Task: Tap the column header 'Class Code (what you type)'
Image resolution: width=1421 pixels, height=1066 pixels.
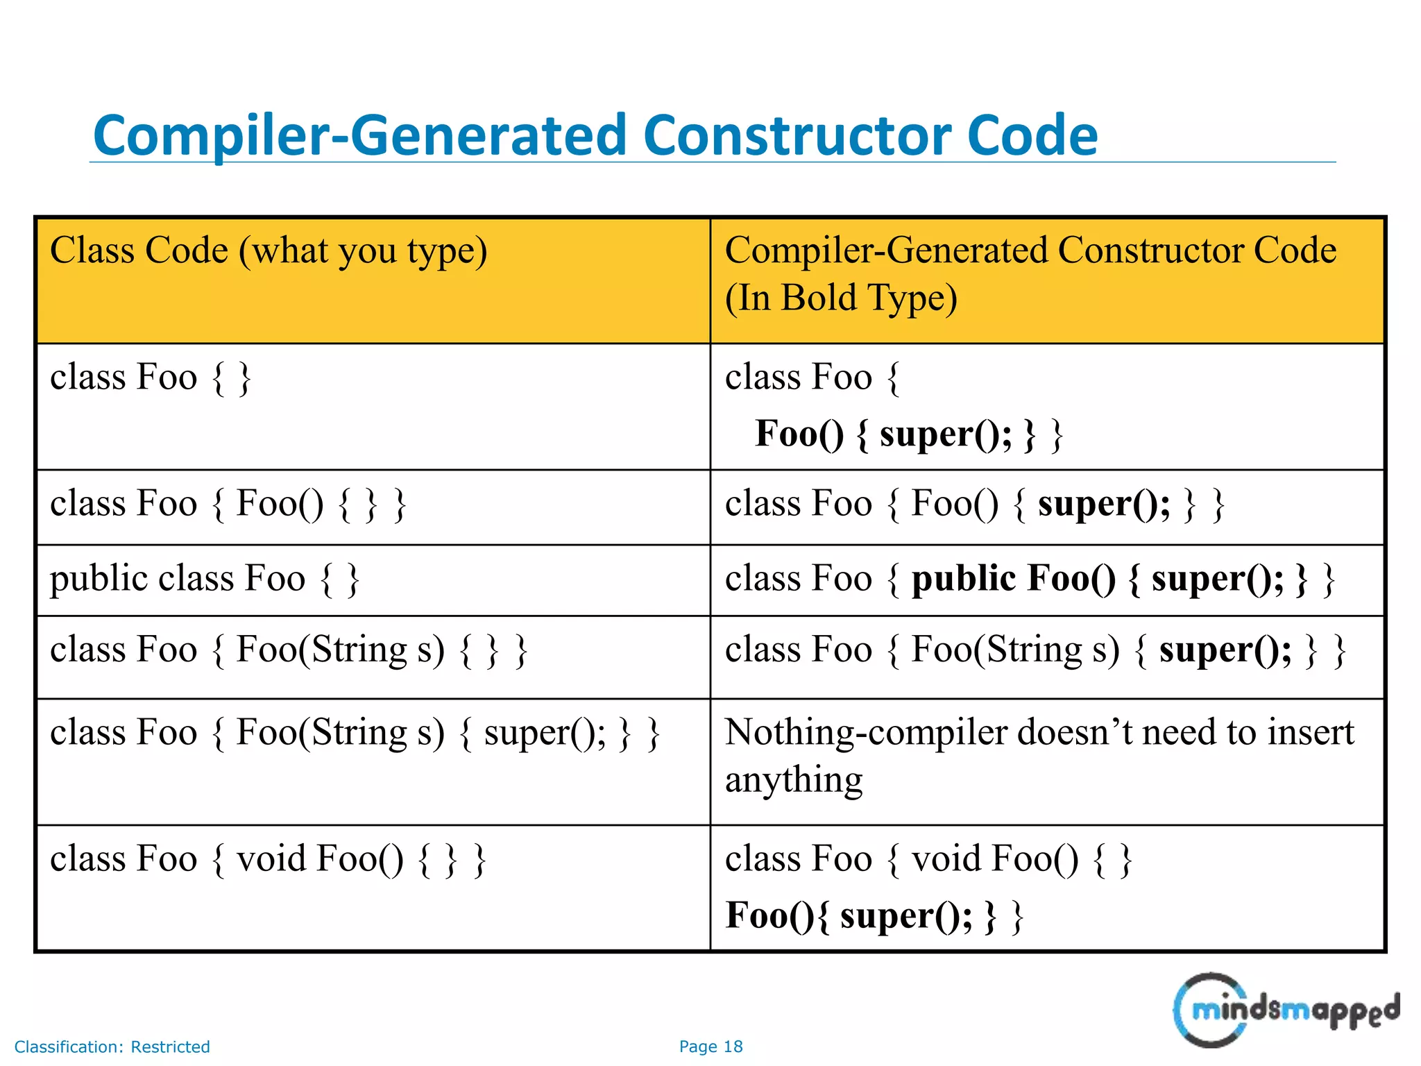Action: (x=269, y=251)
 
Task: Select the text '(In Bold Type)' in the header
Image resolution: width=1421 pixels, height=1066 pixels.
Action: (x=841, y=298)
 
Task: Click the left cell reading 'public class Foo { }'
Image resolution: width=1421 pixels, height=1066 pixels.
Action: (x=205, y=579)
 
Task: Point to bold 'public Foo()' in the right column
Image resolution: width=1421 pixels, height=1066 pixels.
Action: (x=1013, y=579)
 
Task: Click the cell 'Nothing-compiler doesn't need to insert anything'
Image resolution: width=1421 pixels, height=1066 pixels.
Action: (x=1039, y=756)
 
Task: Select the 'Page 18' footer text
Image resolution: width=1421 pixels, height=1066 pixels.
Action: (x=710, y=1047)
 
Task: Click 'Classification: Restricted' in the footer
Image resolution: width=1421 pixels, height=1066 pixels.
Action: (x=112, y=1047)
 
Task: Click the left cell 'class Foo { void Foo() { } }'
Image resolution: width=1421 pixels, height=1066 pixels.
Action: (x=268, y=859)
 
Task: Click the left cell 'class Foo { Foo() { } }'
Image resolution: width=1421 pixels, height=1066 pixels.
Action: (x=228, y=504)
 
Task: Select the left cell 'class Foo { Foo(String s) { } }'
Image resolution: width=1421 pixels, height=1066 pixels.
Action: (x=289, y=650)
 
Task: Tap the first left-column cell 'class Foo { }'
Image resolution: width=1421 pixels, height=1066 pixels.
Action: (x=150, y=378)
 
